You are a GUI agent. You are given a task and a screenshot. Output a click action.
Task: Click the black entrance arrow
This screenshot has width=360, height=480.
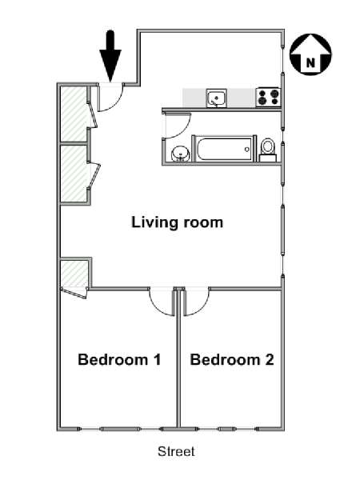click(110, 56)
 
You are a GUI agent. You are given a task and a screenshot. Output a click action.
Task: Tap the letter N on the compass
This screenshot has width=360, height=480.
click(310, 63)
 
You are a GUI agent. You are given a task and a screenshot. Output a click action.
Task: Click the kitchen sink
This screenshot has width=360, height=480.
click(217, 98)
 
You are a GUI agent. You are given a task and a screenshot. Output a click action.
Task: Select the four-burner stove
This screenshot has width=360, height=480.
click(268, 97)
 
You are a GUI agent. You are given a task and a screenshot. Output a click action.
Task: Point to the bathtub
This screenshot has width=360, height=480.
click(223, 149)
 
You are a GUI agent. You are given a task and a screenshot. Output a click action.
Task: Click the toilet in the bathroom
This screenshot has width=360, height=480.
click(268, 150)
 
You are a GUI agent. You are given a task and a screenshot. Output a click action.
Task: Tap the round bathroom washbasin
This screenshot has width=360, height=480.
click(181, 154)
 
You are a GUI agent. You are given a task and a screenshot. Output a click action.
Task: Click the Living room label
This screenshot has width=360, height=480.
click(178, 222)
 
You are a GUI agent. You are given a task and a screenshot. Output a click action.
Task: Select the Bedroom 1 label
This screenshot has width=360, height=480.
click(119, 359)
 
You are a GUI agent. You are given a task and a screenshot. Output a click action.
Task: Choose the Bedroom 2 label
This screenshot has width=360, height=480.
click(232, 359)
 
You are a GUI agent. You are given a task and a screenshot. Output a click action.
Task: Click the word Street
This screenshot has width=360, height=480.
click(176, 451)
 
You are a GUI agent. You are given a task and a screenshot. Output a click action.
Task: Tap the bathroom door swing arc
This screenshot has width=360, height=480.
click(184, 131)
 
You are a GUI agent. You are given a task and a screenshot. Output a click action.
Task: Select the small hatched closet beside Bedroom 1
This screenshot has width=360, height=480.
click(74, 274)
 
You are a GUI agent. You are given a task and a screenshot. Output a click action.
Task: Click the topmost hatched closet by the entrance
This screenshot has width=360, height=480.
click(74, 114)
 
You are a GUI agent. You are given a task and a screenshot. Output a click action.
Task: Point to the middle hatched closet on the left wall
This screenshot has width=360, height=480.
click(74, 174)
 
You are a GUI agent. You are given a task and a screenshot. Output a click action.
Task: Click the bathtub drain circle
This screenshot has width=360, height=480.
click(247, 150)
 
